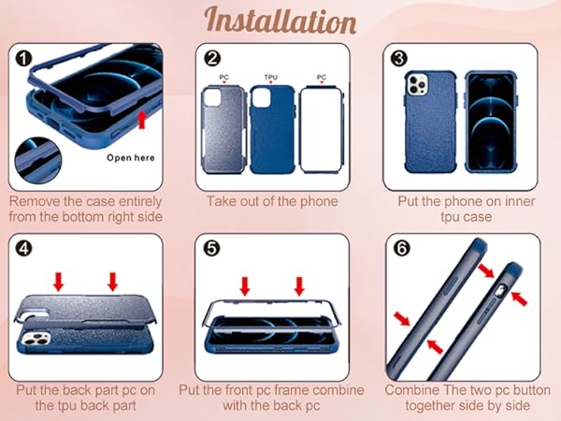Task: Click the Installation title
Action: pyautogui.click(x=280, y=21)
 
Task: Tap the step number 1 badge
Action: pyautogui.click(x=24, y=58)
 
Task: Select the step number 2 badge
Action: pyautogui.click(x=212, y=58)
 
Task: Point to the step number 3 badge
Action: pyautogui.click(x=399, y=58)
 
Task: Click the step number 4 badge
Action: pyautogui.click(x=24, y=248)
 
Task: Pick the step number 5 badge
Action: pyautogui.click(x=211, y=248)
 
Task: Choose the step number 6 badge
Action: pyautogui.click(x=401, y=248)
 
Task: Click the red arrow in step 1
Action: pyautogui.click(x=142, y=119)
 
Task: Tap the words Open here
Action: pyautogui.click(x=131, y=158)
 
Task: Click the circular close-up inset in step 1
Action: pyautogui.click(x=38, y=161)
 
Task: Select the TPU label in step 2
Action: pyautogui.click(x=271, y=78)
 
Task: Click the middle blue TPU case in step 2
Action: pyautogui.click(x=273, y=130)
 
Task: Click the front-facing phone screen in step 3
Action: pyautogui.click(x=491, y=122)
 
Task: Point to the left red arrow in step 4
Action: pyautogui.click(x=59, y=282)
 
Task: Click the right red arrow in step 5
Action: pyautogui.click(x=299, y=286)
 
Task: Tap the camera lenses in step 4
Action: pyautogui.click(x=36, y=338)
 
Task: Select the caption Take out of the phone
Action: pyautogui.click(x=272, y=201)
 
